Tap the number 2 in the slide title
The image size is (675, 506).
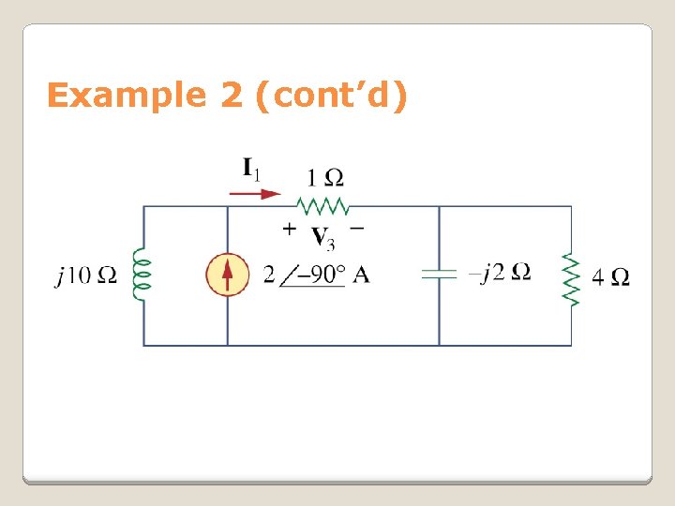point(232,96)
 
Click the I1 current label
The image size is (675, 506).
point(251,170)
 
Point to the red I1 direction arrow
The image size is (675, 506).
point(256,194)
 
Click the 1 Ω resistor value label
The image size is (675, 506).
point(324,177)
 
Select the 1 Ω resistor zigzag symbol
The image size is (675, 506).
point(322,205)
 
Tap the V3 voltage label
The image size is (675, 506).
point(322,239)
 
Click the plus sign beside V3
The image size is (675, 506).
point(290,228)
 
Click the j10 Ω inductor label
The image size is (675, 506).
point(86,275)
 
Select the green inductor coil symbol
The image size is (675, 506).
point(142,275)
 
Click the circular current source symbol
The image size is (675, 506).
point(228,275)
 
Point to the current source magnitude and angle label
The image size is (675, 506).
point(316,275)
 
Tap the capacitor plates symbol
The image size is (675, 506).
point(439,275)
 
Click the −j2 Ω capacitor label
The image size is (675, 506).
point(501,273)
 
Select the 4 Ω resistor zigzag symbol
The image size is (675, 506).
point(571,275)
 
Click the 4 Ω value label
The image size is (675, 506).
point(610,276)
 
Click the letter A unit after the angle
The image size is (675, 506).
point(361,275)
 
